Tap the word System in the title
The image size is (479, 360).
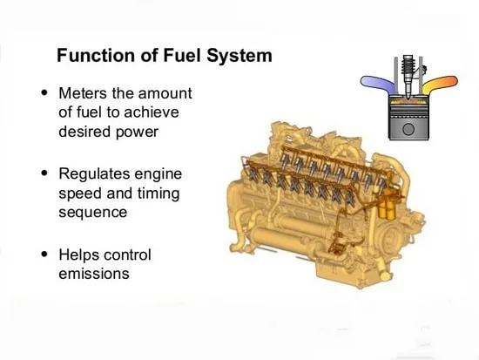click(x=239, y=56)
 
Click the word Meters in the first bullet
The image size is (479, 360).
click(x=83, y=93)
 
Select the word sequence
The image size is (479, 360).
click(x=93, y=213)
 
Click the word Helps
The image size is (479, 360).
click(x=79, y=255)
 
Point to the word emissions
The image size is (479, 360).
click(x=94, y=274)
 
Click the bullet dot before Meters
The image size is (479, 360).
click(x=44, y=92)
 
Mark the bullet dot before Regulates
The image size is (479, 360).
click(x=44, y=173)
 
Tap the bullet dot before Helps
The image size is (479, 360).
click(x=44, y=254)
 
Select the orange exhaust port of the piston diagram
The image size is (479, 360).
click(x=440, y=83)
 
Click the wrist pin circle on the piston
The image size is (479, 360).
click(x=408, y=129)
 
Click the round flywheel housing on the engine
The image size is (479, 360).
click(x=390, y=238)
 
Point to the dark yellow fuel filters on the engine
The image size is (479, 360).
click(x=387, y=204)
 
